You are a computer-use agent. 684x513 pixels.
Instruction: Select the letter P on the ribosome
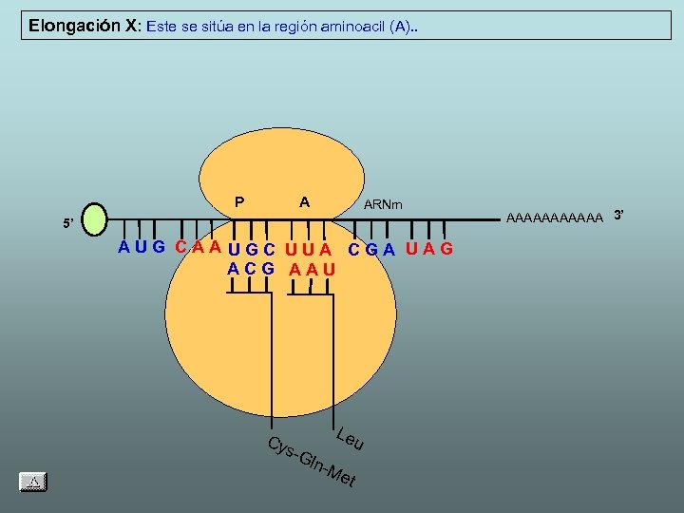[x=239, y=201]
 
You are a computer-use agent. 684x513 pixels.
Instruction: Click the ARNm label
[x=383, y=204]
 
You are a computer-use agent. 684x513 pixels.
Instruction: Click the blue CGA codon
[x=371, y=250]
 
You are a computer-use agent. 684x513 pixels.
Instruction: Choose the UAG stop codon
[x=429, y=250]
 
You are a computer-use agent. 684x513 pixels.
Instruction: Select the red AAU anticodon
[x=313, y=269]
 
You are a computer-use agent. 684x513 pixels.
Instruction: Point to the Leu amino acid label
[x=351, y=439]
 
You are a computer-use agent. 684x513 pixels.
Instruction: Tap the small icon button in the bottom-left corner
[x=33, y=482]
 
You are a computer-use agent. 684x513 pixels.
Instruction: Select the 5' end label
[x=67, y=224]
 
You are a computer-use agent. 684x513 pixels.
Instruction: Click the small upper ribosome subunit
[x=282, y=171]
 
